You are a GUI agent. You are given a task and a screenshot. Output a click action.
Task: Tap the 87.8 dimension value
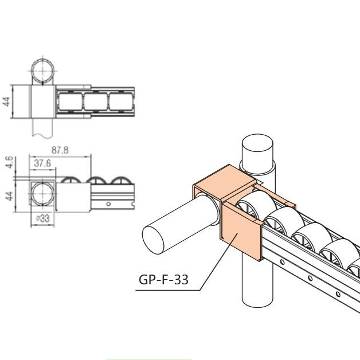[60, 150]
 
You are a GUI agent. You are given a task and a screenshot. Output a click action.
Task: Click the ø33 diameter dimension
[41, 218]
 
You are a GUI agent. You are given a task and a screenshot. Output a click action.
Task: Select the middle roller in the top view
[96, 102]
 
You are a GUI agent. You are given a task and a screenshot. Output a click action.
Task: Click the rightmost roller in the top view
[122, 102]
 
